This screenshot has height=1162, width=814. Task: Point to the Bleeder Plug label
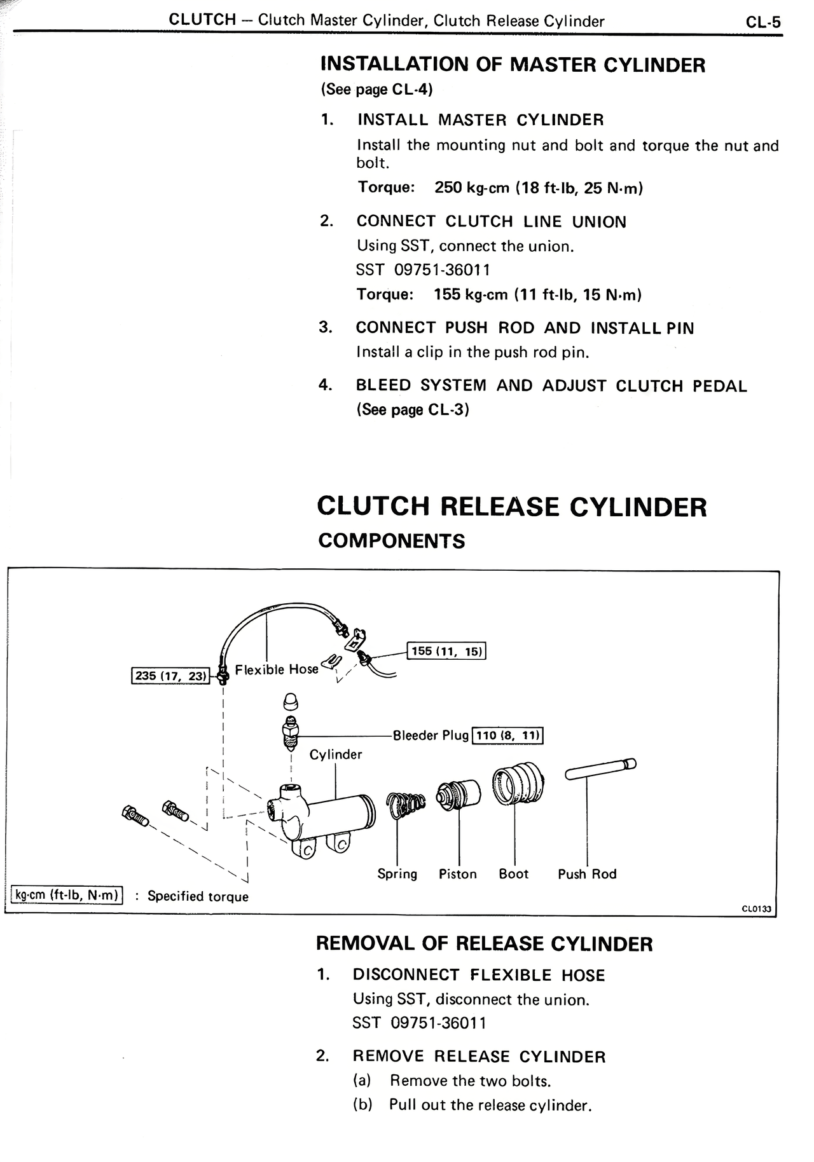tap(431, 735)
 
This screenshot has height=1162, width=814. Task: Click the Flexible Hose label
tap(276, 669)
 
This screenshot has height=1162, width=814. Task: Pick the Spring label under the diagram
tap(397, 874)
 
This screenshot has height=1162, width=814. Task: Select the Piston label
tap(457, 874)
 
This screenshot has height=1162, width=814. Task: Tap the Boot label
tap(513, 874)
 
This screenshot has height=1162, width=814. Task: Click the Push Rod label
tap(587, 874)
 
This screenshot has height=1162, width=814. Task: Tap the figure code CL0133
tap(756, 908)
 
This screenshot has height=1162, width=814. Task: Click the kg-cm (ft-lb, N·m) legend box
tap(67, 895)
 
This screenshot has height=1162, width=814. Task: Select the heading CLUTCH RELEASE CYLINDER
tap(511, 507)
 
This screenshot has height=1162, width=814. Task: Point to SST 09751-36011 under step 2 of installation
tap(423, 270)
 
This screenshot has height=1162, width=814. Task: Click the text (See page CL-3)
tap(412, 410)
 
